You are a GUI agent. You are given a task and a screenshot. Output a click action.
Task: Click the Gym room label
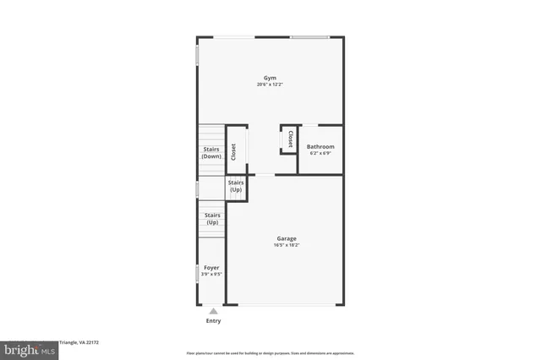click(270, 78)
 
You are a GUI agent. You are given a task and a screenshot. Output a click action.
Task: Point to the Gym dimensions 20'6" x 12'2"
click(270, 85)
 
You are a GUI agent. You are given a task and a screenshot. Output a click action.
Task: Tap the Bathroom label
click(320, 146)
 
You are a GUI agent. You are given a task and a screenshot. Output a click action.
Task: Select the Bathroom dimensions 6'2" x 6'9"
click(320, 153)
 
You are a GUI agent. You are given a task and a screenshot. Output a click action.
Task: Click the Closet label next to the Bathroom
click(290, 139)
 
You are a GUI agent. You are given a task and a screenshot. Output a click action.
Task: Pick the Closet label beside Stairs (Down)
click(233, 150)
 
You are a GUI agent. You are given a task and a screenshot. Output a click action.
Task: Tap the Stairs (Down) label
click(211, 153)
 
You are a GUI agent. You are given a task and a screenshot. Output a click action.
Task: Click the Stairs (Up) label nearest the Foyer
click(211, 218)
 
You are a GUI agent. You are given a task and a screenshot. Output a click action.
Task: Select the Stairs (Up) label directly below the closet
click(236, 186)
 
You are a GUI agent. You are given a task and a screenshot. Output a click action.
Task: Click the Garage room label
click(285, 238)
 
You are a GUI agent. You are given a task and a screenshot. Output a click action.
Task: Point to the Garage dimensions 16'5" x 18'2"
click(285, 245)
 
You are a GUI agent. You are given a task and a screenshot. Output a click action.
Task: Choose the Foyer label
click(211, 267)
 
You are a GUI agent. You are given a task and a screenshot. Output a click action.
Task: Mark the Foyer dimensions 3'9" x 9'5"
click(211, 274)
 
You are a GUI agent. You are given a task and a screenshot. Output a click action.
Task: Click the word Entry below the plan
click(213, 321)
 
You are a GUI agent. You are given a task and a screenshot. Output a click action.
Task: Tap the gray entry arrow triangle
click(213, 311)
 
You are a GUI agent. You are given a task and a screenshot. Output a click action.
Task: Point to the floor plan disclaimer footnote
click(270, 353)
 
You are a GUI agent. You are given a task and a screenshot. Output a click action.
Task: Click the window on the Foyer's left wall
click(198, 272)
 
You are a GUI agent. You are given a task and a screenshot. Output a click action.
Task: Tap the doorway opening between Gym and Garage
click(265, 175)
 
